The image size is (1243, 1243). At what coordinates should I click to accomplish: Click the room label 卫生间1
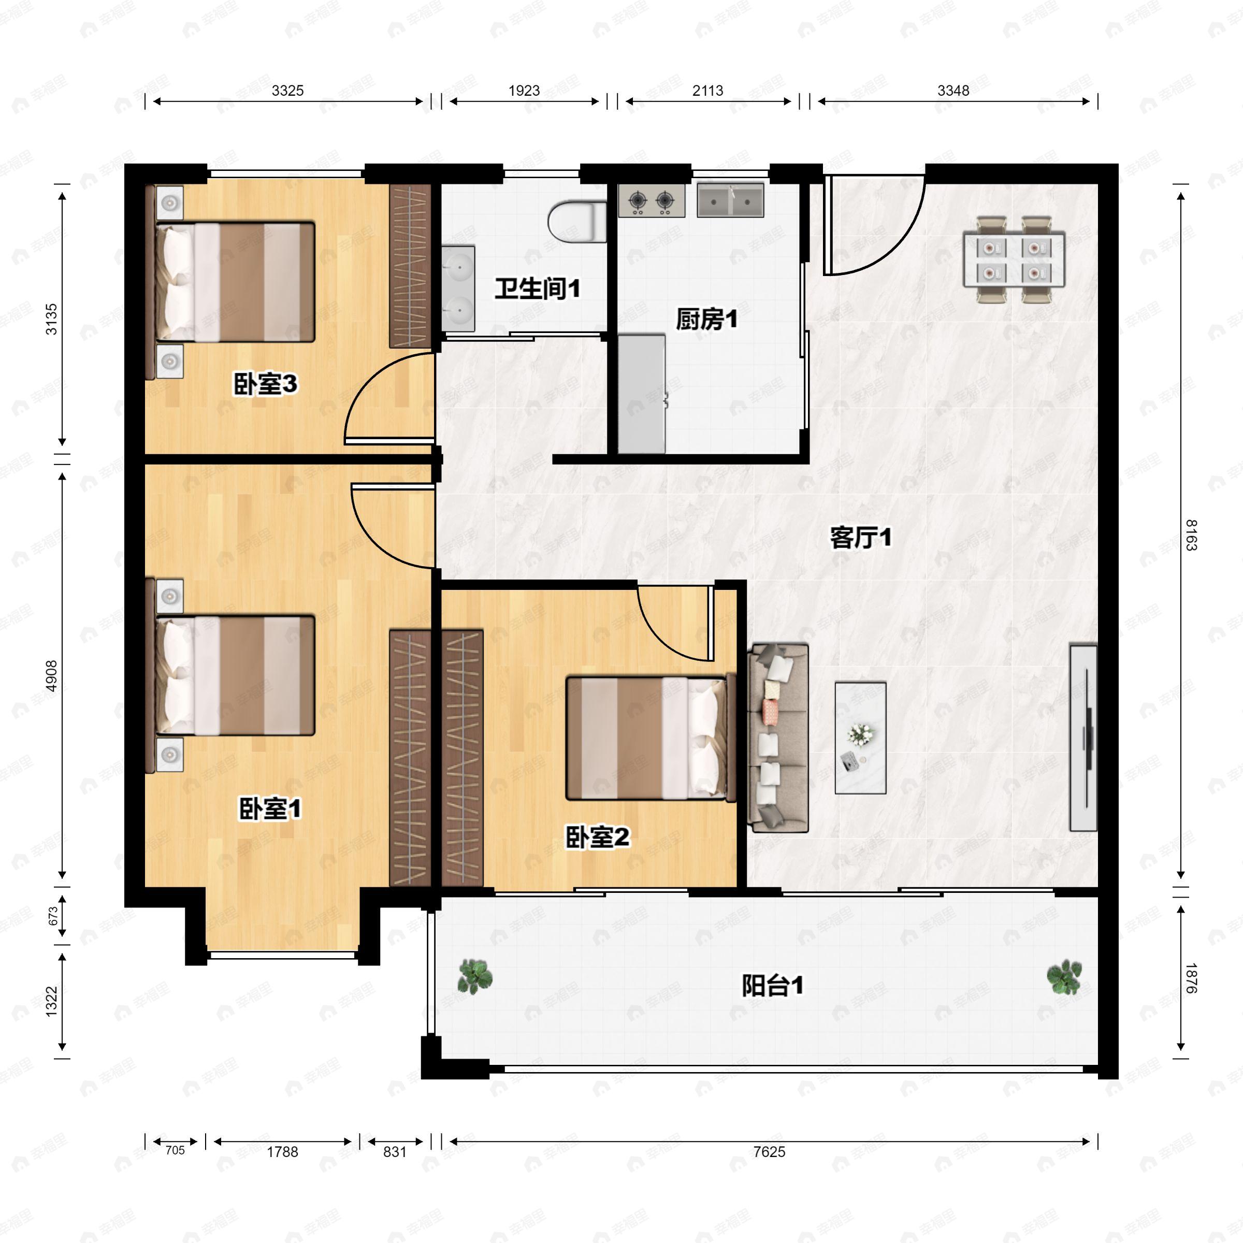pos(537,288)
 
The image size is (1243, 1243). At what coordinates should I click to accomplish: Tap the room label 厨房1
pos(706,319)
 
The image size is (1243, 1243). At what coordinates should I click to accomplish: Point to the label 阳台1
pos(772,985)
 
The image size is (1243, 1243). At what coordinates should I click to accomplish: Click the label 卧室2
pos(597,837)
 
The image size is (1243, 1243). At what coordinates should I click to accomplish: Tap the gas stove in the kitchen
pos(651,201)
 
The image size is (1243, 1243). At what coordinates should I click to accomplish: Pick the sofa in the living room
pos(777,738)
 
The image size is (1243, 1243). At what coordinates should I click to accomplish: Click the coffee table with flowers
pos(860,738)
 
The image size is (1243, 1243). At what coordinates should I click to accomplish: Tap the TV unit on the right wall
pos(1083,738)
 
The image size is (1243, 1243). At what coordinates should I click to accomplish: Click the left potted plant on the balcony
pos(475,975)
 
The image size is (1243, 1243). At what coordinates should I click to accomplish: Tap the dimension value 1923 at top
pos(524,91)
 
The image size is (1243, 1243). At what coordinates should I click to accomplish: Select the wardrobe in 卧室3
pos(410,266)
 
